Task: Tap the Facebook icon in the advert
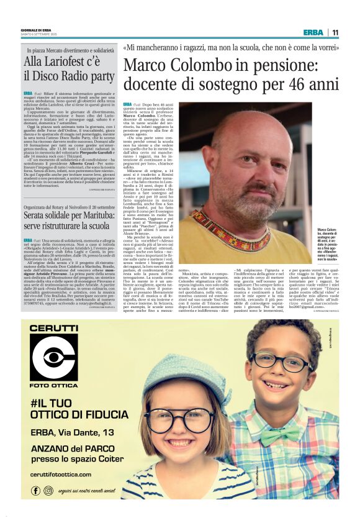35,491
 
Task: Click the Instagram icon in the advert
48,491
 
